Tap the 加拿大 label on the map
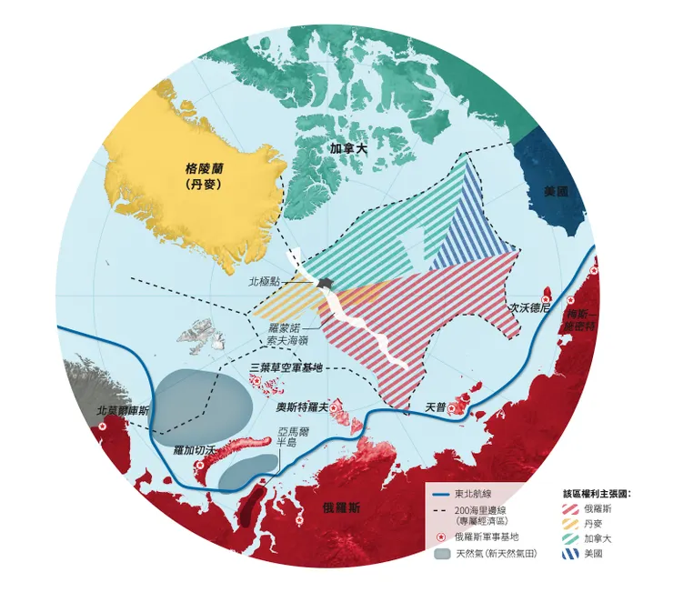348,145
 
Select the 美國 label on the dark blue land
555,192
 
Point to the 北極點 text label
274,283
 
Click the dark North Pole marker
324,285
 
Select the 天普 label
436,406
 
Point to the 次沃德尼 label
530,307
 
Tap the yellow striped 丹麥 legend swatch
574,524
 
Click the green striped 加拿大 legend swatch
574,538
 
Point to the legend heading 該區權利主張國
598,493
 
